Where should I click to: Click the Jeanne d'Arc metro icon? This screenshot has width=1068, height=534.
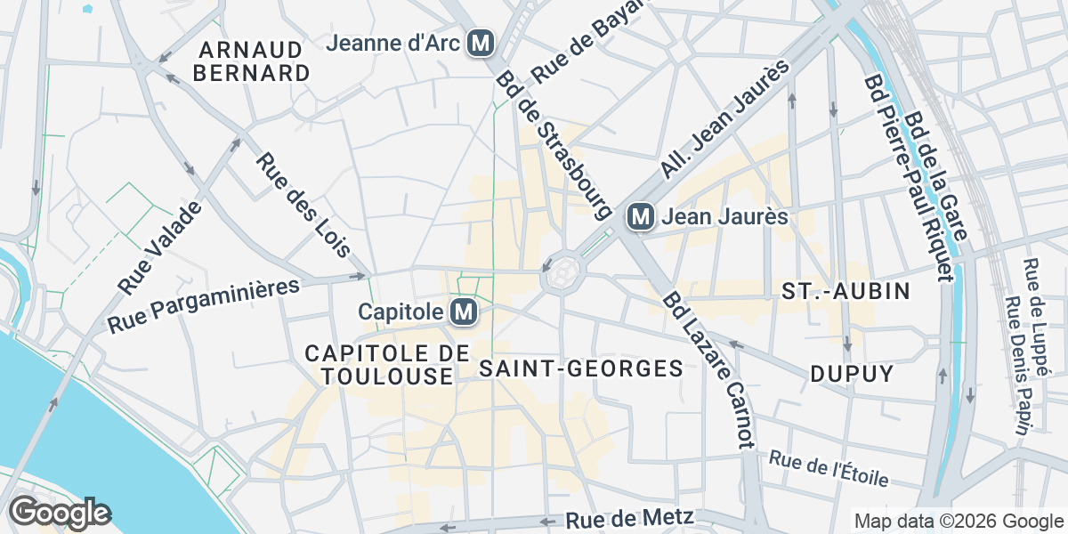pos(481,42)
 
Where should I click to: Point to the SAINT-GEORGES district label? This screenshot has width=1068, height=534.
pos(580,368)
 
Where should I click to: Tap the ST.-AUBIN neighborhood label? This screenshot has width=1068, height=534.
pos(845,291)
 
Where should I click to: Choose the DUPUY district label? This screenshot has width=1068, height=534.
pos(852,374)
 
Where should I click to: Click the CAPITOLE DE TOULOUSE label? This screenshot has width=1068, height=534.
pos(386,365)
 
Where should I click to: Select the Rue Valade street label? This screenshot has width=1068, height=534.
pos(161,247)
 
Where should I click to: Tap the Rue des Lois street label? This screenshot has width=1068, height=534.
pos(303,205)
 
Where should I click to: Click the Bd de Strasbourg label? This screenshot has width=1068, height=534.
pos(554,145)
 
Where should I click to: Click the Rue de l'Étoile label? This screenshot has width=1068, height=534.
pos(829,469)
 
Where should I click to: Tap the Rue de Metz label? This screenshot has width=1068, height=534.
pos(628,519)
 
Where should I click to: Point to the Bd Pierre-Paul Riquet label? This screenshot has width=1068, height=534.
pos(904,178)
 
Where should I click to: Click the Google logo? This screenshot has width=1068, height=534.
pos(60,513)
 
